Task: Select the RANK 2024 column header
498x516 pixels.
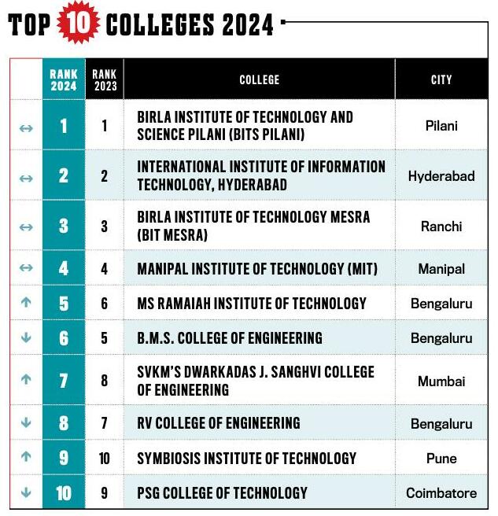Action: coord(64,79)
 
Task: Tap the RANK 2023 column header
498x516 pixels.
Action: coord(104,79)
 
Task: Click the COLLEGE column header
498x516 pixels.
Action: coord(259,79)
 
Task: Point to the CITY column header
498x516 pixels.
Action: coord(441,79)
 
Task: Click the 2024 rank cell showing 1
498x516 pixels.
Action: coord(64,126)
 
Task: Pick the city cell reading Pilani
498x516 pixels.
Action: coord(441,126)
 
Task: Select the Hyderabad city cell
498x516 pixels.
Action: coord(441,176)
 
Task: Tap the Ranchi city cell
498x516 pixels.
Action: coord(441,227)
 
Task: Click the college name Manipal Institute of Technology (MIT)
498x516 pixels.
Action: coord(257,269)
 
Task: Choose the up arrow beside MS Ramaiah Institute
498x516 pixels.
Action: coord(26,303)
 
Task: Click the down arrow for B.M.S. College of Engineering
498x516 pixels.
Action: coord(26,338)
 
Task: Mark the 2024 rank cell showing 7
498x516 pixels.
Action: coord(64,381)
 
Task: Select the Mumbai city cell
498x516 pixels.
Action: coord(441,381)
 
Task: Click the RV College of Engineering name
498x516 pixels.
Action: coord(218,423)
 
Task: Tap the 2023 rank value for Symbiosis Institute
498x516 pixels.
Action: coord(104,458)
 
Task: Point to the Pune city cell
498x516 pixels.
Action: coord(441,459)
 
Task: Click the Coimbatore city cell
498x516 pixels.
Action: coord(441,493)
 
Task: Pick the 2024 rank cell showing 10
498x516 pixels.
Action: coord(64,493)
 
